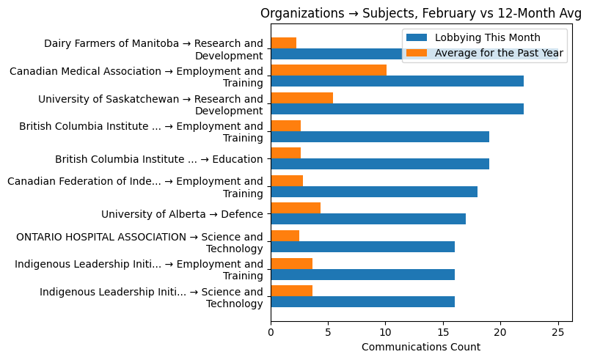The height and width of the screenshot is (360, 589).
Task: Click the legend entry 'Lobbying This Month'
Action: coord(487,38)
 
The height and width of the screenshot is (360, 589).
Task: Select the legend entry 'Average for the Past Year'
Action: coord(499,53)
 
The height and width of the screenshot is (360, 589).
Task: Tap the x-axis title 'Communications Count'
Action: coord(420,347)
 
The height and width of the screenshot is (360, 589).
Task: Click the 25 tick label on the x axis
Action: coord(557,331)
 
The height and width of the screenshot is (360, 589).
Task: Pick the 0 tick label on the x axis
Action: coord(271,331)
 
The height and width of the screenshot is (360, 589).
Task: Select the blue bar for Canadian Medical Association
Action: coord(397,81)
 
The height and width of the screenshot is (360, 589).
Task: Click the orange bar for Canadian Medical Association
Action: coord(329,70)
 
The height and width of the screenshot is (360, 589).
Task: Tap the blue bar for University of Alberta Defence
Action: coord(368,219)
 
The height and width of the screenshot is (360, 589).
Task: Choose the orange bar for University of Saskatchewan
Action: coord(301,98)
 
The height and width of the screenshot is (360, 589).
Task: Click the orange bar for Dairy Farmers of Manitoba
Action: coord(283,43)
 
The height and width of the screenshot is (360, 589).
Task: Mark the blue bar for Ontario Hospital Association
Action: coord(362,247)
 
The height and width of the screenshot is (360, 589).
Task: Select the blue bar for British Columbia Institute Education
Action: coord(380,164)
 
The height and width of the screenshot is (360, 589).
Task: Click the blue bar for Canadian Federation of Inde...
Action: coord(374,192)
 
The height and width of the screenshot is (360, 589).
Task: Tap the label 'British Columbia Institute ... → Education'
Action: coord(158,159)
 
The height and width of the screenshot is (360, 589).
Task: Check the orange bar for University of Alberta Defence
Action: coord(296,208)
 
